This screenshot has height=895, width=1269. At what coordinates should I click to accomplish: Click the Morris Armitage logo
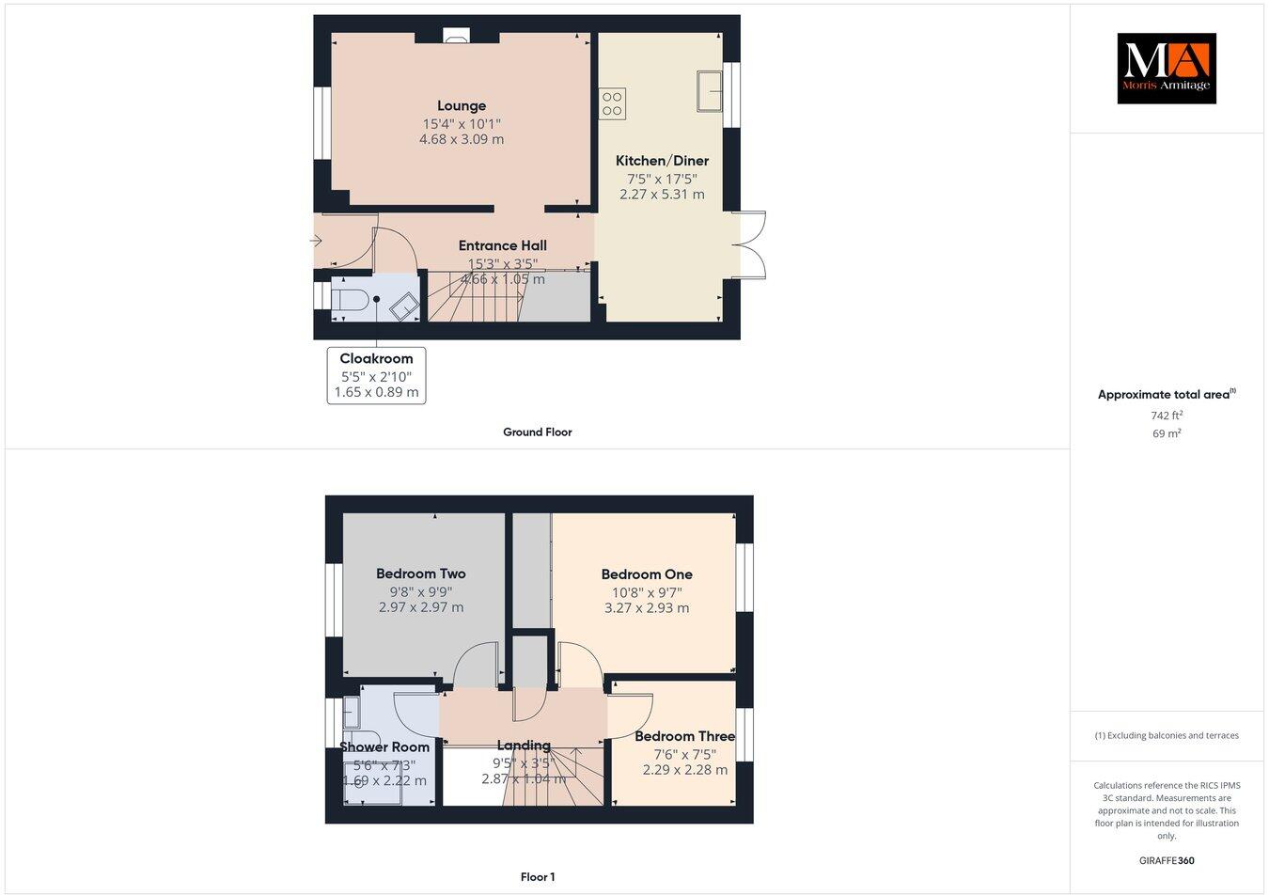1166,68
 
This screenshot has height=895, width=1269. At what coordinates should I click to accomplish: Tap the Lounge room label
461,106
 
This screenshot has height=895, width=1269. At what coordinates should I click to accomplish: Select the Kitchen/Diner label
662,161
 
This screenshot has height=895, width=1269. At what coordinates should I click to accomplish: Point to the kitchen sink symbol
710,90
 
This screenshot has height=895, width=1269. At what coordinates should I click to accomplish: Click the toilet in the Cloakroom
350,301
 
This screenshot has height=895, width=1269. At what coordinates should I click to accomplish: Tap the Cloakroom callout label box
376,375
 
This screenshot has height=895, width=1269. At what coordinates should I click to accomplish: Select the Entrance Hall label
502,245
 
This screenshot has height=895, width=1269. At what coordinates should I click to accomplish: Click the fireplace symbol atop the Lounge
458,38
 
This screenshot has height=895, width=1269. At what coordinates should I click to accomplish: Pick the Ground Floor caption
537,432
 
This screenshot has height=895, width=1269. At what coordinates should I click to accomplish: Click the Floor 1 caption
538,877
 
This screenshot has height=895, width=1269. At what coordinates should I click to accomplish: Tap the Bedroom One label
647,574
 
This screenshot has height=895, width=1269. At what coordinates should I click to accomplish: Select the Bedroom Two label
420,573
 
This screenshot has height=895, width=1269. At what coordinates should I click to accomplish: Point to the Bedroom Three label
684,736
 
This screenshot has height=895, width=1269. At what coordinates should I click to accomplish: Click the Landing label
524,746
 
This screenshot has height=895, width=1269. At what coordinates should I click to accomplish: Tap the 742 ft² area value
1166,415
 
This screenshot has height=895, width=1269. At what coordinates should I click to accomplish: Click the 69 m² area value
1166,433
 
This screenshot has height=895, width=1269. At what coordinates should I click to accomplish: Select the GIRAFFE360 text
1166,860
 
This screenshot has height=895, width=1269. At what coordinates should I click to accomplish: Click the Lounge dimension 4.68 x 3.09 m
461,139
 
